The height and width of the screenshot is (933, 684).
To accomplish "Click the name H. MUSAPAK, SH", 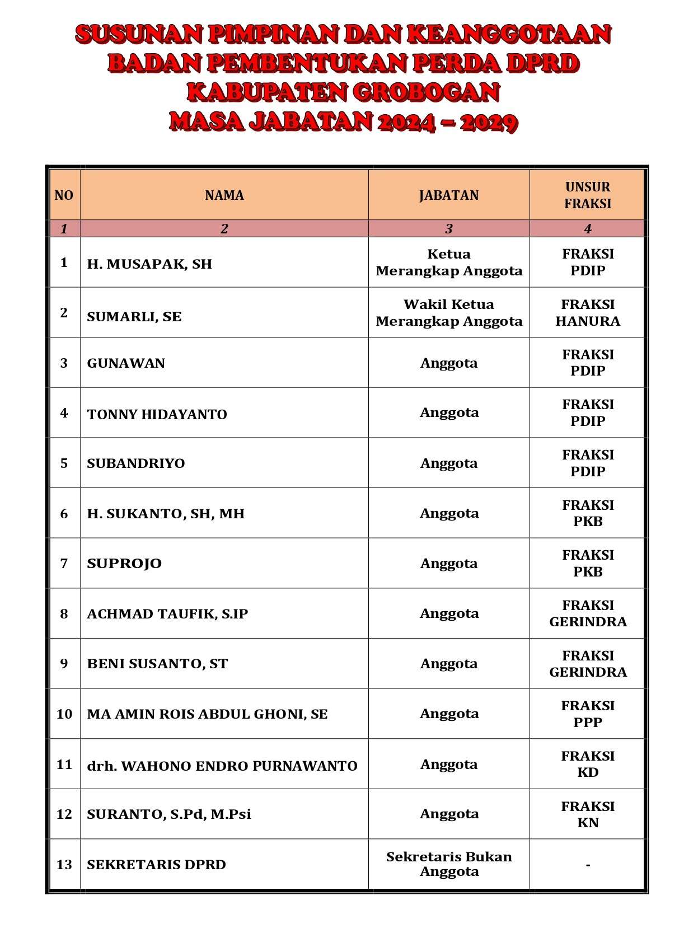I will click(149, 264).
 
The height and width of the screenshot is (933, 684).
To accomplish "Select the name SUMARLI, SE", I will click(134, 316).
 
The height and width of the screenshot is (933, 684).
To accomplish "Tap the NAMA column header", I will click(224, 195).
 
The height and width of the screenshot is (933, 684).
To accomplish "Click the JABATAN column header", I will click(449, 195).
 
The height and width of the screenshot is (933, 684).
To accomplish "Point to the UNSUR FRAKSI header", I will click(587, 195).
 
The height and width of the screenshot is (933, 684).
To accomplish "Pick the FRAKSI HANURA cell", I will click(588, 313).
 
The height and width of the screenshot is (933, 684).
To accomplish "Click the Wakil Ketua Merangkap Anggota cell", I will click(449, 313).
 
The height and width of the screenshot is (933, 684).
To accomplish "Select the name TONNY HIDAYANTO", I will click(157, 414).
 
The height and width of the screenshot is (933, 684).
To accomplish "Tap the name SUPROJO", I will click(124, 563).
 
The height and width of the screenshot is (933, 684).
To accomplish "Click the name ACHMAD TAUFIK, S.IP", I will click(167, 613).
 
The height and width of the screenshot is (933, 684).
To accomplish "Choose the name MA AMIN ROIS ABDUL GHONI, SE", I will click(207, 714).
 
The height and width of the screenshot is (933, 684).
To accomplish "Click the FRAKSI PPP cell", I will click(588, 714).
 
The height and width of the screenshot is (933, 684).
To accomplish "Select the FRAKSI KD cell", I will click(588, 764).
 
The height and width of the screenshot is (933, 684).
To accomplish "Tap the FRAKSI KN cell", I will click(588, 814).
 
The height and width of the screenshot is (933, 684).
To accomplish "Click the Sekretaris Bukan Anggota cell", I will click(449, 864).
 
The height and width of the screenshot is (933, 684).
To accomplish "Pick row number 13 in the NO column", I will click(64, 864).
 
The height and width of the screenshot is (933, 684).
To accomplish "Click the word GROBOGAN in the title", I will click(427, 92).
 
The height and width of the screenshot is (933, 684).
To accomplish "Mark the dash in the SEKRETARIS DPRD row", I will click(588, 865).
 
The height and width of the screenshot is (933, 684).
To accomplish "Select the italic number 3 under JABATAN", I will click(449, 228).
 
